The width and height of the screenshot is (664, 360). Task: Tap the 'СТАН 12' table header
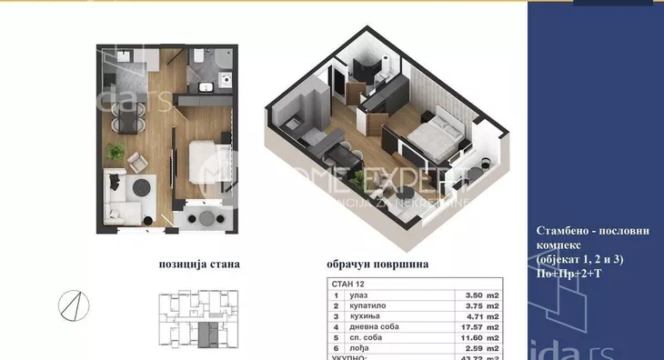pos(345,284)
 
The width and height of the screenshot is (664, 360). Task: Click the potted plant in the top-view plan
pos(116,149)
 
